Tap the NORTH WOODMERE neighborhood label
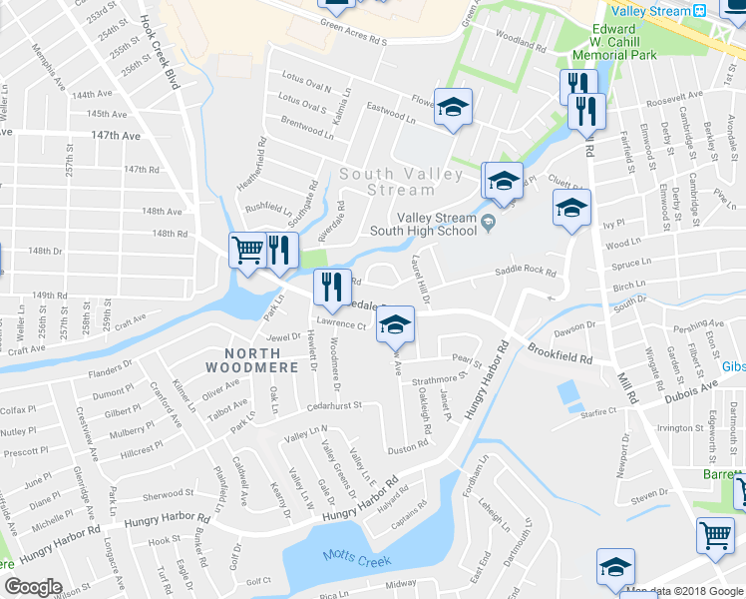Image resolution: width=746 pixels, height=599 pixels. pyautogui.click(x=261, y=361)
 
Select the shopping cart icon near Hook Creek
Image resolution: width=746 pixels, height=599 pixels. pyautogui.click(x=247, y=250)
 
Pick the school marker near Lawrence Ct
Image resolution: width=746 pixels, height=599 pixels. pyautogui.click(x=396, y=324)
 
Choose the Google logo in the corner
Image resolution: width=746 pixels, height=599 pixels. pyautogui.click(x=33, y=587)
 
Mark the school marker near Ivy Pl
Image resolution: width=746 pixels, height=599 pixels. pyautogui.click(x=571, y=210)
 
